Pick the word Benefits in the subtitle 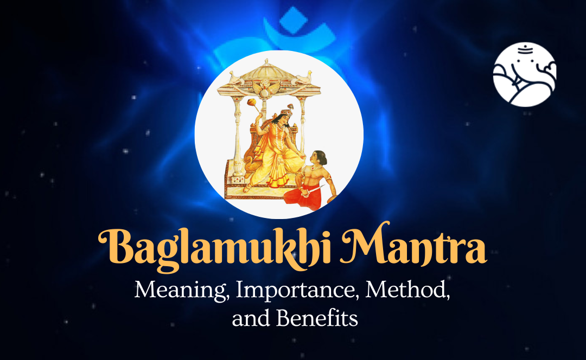pos(317,319)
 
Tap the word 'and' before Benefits pos(250,319)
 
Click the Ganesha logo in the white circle pos(525,74)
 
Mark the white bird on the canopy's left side pos(235,78)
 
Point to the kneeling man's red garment pos(303,197)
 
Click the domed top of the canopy pos(266,69)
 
